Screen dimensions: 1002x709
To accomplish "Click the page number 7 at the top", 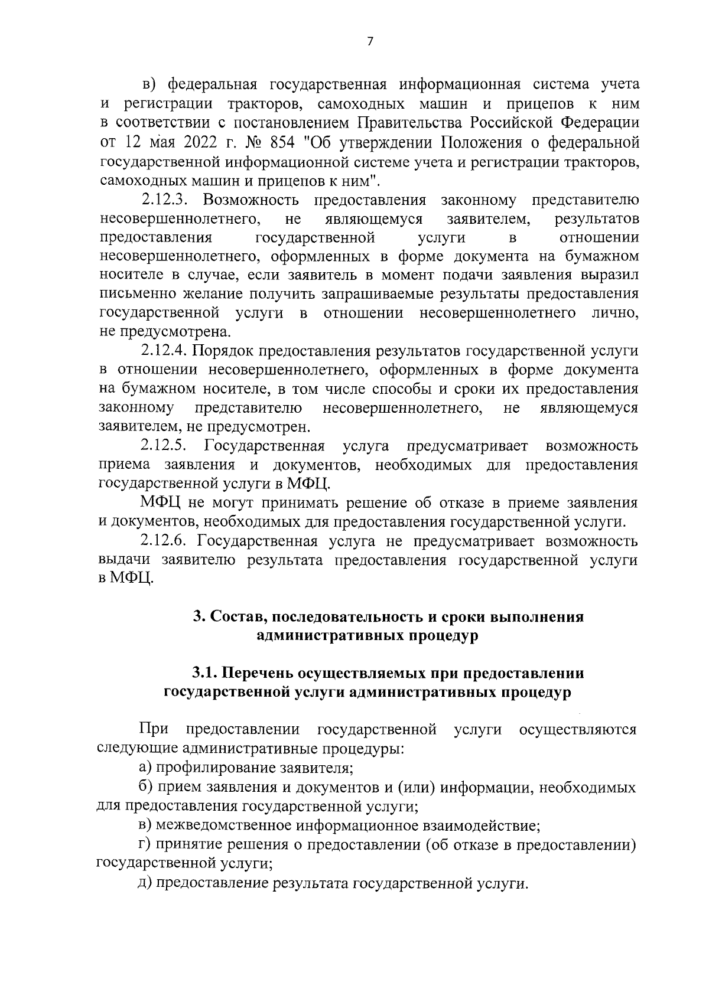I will tap(370, 41).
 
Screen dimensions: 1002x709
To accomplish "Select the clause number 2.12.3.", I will tap(164, 200).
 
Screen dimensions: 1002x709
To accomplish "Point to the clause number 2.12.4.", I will tap(164, 351).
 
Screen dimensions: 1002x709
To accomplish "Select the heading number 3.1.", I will tap(205, 673).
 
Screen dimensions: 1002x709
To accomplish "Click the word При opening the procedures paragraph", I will tap(154, 730).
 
